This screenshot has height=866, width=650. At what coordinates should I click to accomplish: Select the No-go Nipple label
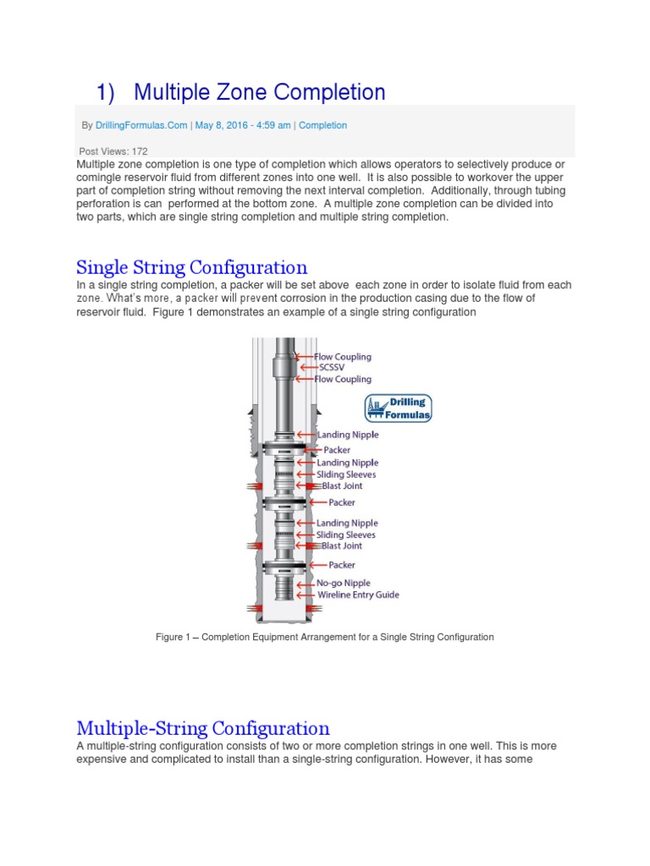click(x=344, y=583)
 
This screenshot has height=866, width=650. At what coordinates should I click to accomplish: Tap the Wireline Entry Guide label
click(x=357, y=595)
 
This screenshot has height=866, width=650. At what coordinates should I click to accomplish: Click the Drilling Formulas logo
click(x=399, y=408)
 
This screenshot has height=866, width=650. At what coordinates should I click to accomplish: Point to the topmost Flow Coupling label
click(x=343, y=357)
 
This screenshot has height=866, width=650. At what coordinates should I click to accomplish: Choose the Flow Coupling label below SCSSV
click(x=343, y=379)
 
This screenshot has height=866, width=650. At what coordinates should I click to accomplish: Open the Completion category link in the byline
click(x=322, y=125)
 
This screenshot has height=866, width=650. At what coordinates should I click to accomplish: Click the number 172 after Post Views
click(x=140, y=151)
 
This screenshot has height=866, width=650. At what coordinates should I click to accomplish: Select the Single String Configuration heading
click(x=191, y=268)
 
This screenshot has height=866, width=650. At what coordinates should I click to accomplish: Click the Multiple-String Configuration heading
click(x=203, y=728)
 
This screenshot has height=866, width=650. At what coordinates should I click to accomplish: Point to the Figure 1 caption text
click(x=324, y=637)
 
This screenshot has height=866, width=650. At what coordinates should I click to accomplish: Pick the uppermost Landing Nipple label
click(x=347, y=435)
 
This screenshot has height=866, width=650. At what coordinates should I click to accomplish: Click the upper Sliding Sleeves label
click(x=345, y=474)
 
